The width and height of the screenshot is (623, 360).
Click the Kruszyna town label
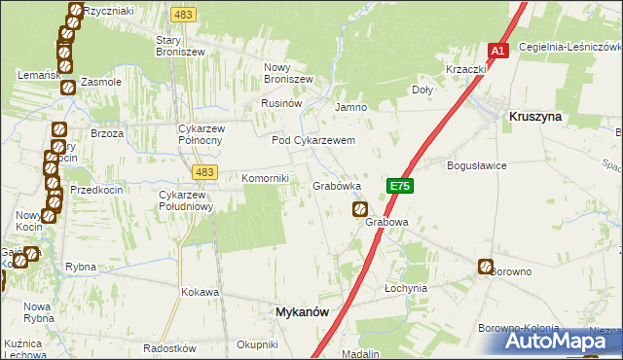[535, 116]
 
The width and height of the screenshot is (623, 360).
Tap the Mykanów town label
[296, 312]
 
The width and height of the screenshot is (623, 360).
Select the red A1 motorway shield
[497, 51]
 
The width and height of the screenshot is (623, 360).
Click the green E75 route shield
[399, 185]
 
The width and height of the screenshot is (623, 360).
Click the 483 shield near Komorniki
[203, 172]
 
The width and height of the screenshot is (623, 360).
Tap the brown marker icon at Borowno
[486, 267]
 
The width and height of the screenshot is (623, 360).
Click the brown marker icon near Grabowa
[360, 209]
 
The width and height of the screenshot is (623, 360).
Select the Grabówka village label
[337, 185]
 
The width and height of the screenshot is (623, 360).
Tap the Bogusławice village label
[476, 165]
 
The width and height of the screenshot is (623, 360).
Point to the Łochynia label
[406, 289]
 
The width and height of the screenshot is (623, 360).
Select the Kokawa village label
[200, 291]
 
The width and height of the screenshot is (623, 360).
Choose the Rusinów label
[282, 102]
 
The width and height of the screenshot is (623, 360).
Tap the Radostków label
[169, 348]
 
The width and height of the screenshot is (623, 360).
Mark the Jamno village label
[349, 107]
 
